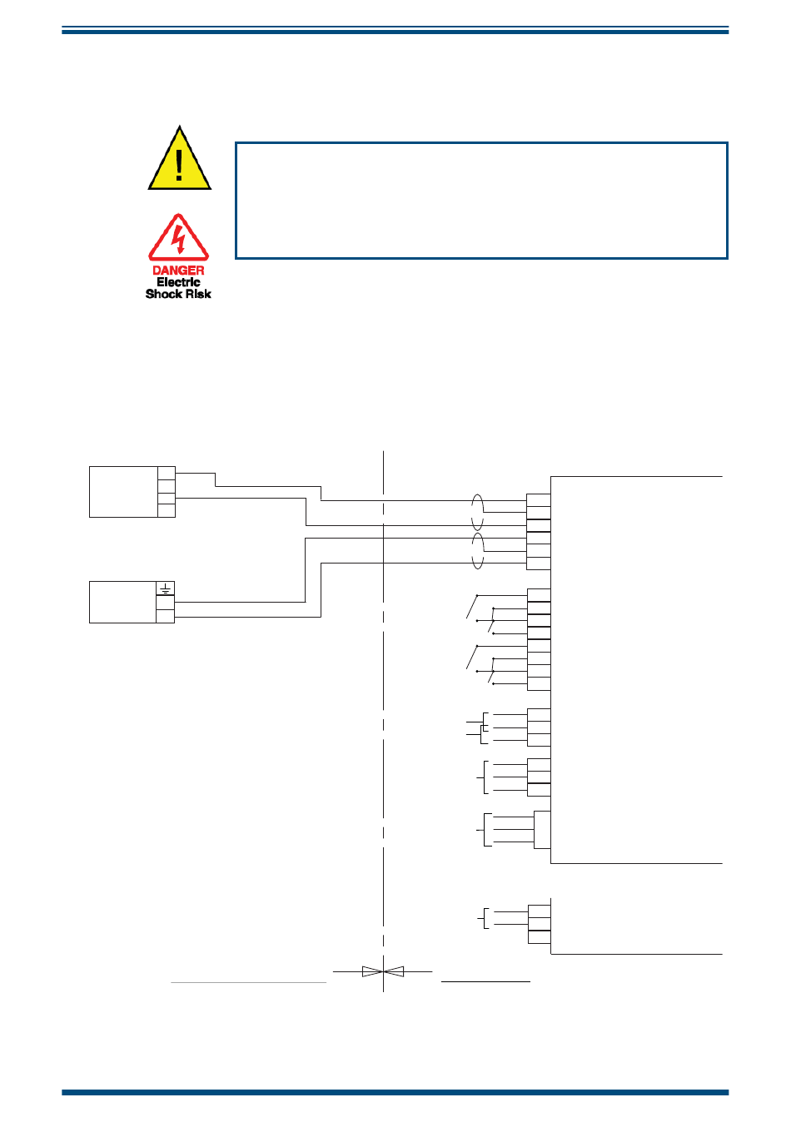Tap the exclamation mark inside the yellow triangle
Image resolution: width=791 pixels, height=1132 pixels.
(179, 164)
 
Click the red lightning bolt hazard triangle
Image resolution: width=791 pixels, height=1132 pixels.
(178, 239)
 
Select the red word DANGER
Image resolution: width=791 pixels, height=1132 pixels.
(178, 271)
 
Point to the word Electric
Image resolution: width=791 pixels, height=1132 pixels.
(178, 282)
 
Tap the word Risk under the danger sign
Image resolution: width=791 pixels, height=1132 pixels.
(197, 294)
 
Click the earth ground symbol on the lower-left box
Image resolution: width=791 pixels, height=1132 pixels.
(166, 588)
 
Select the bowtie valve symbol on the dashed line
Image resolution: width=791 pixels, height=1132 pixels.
(383, 971)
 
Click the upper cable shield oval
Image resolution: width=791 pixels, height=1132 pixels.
(477, 511)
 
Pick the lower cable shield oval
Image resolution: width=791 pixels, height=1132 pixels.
(477, 552)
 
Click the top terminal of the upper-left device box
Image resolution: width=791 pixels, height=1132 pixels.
(167, 473)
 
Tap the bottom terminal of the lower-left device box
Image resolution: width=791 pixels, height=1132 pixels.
(165, 616)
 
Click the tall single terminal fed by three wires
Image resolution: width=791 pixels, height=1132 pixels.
(542, 829)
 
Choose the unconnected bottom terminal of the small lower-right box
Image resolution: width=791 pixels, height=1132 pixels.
(539, 937)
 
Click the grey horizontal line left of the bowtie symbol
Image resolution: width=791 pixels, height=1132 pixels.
(248, 982)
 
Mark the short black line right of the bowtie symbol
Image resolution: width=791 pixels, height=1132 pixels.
(485, 981)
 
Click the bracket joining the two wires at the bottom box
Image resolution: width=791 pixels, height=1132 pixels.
(484, 918)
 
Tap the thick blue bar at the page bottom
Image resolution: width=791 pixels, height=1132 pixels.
(395, 1092)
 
